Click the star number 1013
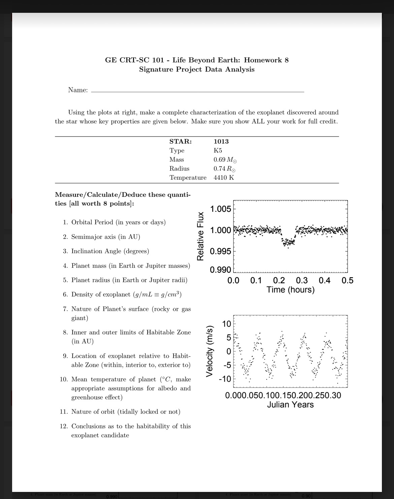(221, 142)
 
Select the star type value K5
(218, 151)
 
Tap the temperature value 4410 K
(224, 178)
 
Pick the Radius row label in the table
(179, 169)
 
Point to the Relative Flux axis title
(201, 236)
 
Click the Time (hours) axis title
(290, 290)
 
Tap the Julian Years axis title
(290, 405)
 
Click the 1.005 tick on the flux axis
(221, 209)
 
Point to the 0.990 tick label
(221, 270)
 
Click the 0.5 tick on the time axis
(347, 281)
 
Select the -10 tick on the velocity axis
(225, 379)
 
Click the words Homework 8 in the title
(266, 60)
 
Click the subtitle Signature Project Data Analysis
(197, 69)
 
